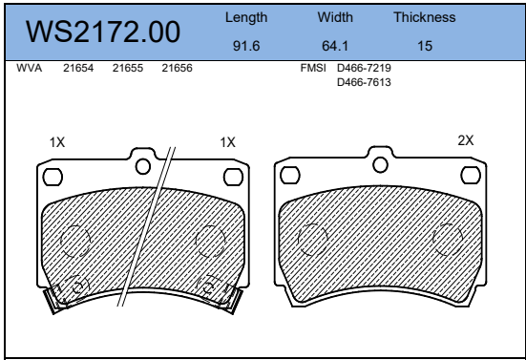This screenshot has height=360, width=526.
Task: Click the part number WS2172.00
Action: point(103,32)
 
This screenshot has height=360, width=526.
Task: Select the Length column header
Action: point(246,18)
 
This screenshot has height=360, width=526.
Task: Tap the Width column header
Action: point(335,17)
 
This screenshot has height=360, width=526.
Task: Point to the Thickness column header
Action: point(425,17)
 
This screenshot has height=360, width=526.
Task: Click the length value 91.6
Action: point(246,46)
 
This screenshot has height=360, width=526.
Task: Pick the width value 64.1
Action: point(335,46)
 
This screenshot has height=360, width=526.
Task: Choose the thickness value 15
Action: point(425,46)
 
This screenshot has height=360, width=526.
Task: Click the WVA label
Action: point(30,68)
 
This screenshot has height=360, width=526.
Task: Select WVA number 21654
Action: point(78,68)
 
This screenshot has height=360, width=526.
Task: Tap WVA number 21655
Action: point(128,68)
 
